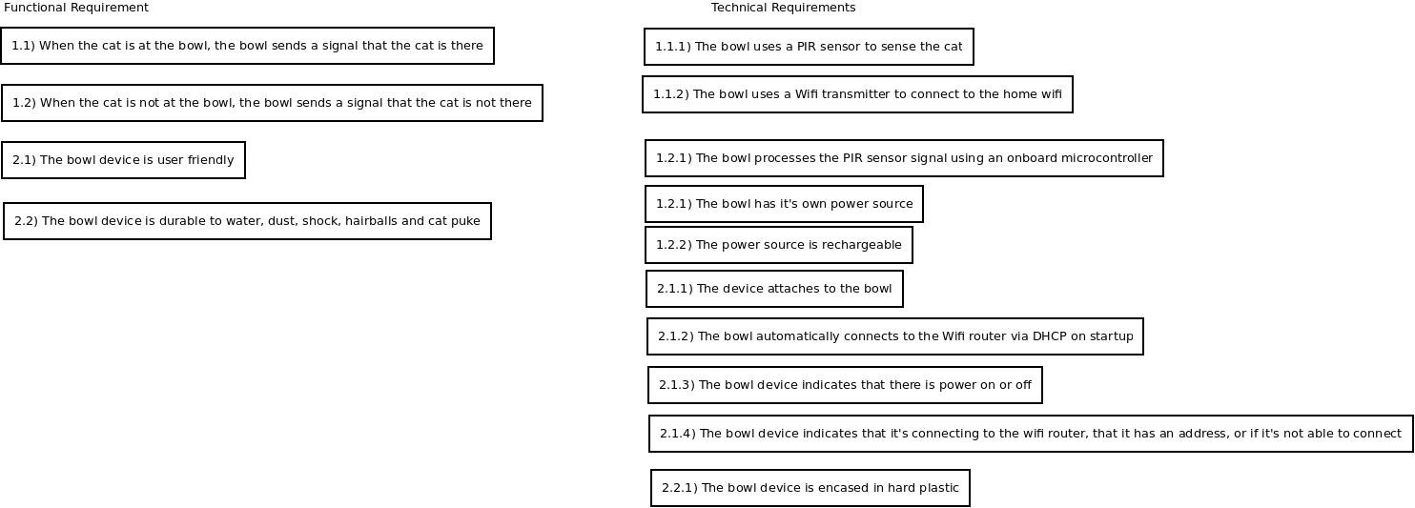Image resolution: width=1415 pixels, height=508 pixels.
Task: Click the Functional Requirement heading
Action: pyautogui.click(x=76, y=8)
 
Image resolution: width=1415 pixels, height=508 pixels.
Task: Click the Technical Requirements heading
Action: pyautogui.click(x=784, y=8)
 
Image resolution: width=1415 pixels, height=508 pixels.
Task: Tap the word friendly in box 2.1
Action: pyautogui.click(x=211, y=160)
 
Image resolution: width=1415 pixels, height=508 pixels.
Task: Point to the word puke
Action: pyautogui.click(x=466, y=221)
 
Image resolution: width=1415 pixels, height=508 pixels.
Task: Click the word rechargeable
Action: pyautogui.click(x=862, y=245)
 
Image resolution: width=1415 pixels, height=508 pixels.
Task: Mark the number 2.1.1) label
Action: pyautogui.click(x=675, y=289)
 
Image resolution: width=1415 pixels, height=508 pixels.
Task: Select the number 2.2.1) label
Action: pyautogui.click(x=680, y=488)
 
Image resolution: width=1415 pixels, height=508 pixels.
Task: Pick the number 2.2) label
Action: pyautogui.click(x=27, y=221)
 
